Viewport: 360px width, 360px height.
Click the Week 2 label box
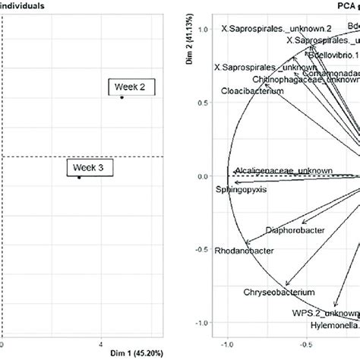pos(131,87)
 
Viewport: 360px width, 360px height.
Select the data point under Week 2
pos(122,97)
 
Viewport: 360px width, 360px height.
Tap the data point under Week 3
pos(79,178)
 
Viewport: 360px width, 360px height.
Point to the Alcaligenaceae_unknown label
pos(283,171)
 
